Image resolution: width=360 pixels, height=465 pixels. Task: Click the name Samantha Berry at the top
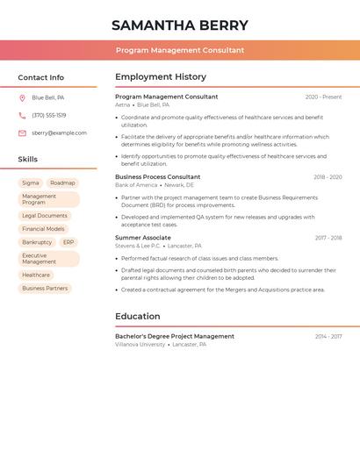[180, 25]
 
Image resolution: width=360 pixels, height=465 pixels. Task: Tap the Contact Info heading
[40, 77]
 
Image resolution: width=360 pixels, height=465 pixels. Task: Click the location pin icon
[22, 98]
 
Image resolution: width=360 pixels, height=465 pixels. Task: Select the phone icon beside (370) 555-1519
[22, 116]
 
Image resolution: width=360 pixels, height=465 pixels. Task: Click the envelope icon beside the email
[22, 133]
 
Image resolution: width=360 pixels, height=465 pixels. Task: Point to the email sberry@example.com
[59, 133]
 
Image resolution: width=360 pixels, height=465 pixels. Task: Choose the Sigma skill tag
[31, 183]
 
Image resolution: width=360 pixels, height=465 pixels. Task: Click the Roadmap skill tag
[62, 183]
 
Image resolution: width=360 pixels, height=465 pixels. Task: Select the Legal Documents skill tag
[45, 216]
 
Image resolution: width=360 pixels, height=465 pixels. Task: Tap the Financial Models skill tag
[43, 229]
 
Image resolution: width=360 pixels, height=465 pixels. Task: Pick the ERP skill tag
[68, 242]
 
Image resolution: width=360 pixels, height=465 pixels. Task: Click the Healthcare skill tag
[36, 275]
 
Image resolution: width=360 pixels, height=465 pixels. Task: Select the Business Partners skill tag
[45, 288]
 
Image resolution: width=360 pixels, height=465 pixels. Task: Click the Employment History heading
[161, 77]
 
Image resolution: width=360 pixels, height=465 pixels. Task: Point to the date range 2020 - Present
[323, 97]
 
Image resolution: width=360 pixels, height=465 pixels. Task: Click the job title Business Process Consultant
[158, 177]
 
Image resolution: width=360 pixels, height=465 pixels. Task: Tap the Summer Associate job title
[143, 238]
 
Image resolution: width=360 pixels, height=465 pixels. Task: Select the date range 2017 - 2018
[328, 238]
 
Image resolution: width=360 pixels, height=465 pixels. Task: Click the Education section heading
[138, 317]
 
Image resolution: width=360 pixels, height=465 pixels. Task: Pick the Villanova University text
[140, 345]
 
